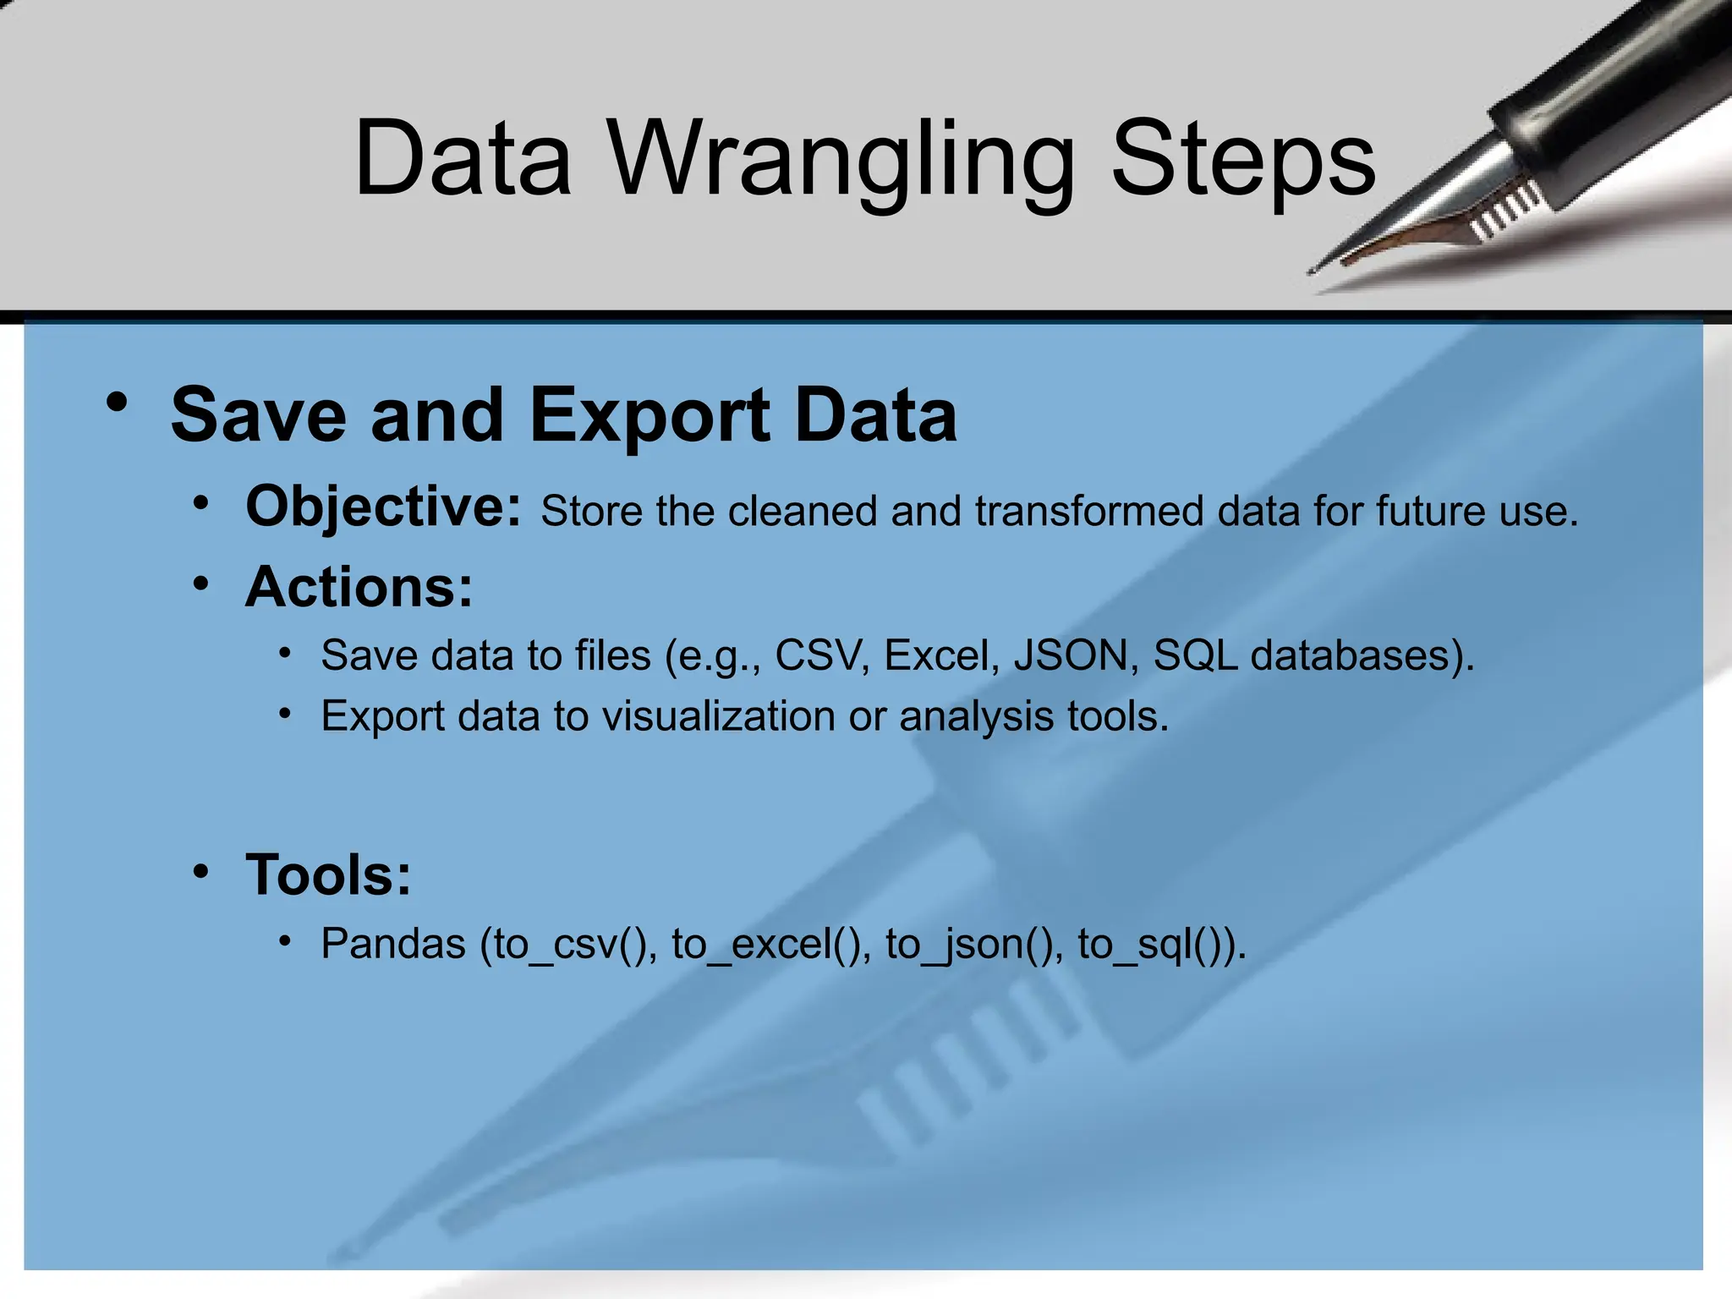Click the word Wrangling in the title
(841, 161)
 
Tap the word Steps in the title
(1243, 161)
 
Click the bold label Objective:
(383, 507)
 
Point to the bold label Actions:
(359, 587)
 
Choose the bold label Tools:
(328, 874)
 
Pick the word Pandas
(393, 944)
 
